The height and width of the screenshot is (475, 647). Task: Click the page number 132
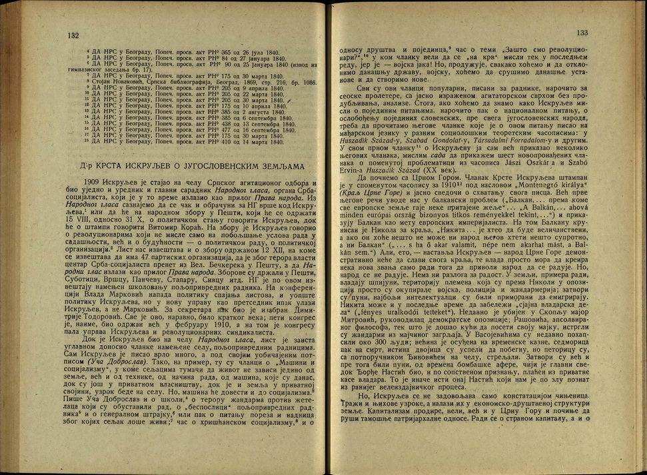pos(73,35)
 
